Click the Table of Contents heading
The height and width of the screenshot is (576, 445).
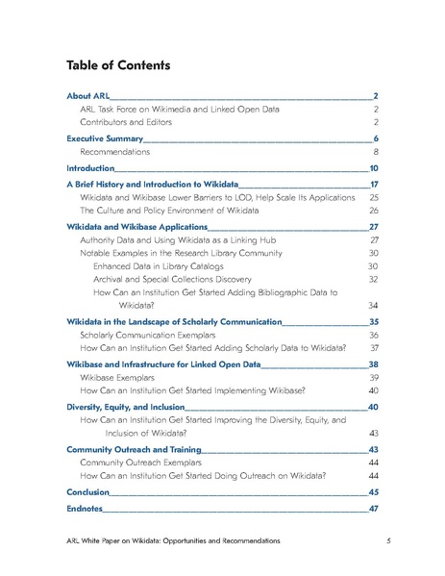click(x=118, y=66)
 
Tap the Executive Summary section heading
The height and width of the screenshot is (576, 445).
click(x=105, y=139)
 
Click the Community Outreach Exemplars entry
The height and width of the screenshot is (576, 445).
click(x=140, y=463)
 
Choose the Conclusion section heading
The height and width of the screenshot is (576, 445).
click(x=87, y=492)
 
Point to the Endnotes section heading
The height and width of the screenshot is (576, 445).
click(x=86, y=509)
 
